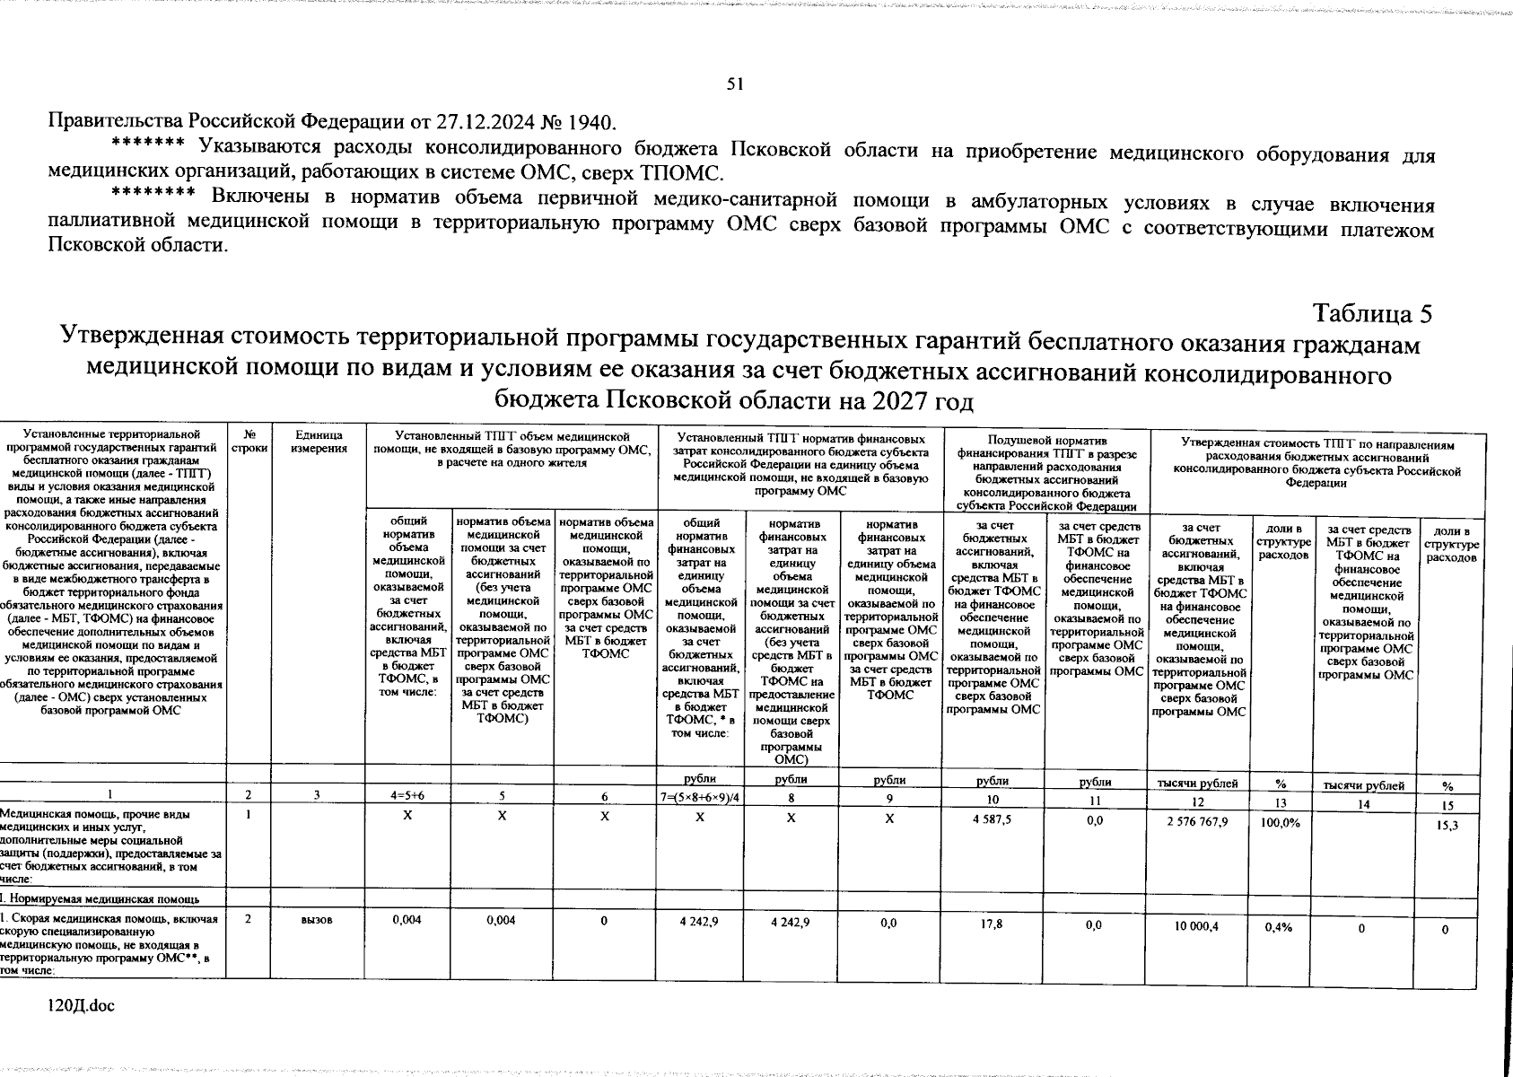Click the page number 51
734,83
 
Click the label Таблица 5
1372,313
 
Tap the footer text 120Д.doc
82,1007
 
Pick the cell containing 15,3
1447,825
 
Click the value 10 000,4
1195,927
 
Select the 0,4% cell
1277,928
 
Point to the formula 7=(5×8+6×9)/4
699,799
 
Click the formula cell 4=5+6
407,795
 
